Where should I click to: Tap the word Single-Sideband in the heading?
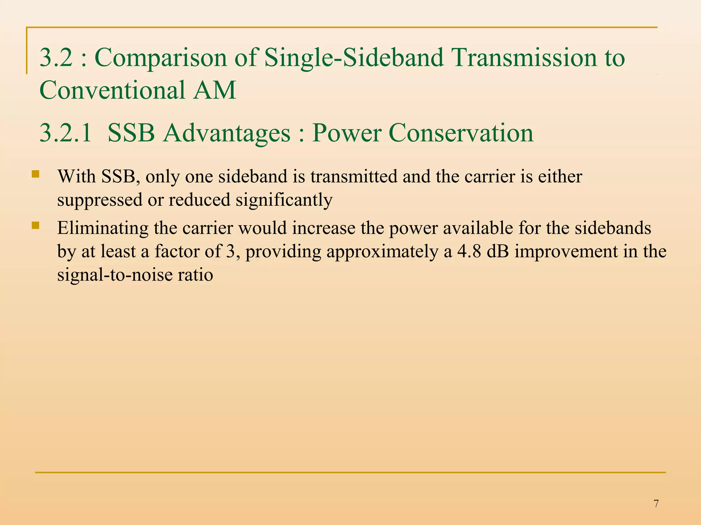pyautogui.click(x=354, y=57)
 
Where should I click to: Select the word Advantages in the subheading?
pyautogui.click(x=227, y=133)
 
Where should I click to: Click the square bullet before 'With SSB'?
pyautogui.click(x=35, y=175)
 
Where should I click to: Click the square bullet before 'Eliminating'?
pyautogui.click(x=35, y=226)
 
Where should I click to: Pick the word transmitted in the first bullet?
pyautogui.click(x=354, y=177)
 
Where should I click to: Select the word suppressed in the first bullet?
pyautogui.click(x=100, y=200)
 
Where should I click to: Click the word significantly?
pyautogui.click(x=284, y=200)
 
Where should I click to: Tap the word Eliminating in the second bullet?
pyautogui.click(x=103, y=228)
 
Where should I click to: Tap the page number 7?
pyautogui.click(x=656, y=503)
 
